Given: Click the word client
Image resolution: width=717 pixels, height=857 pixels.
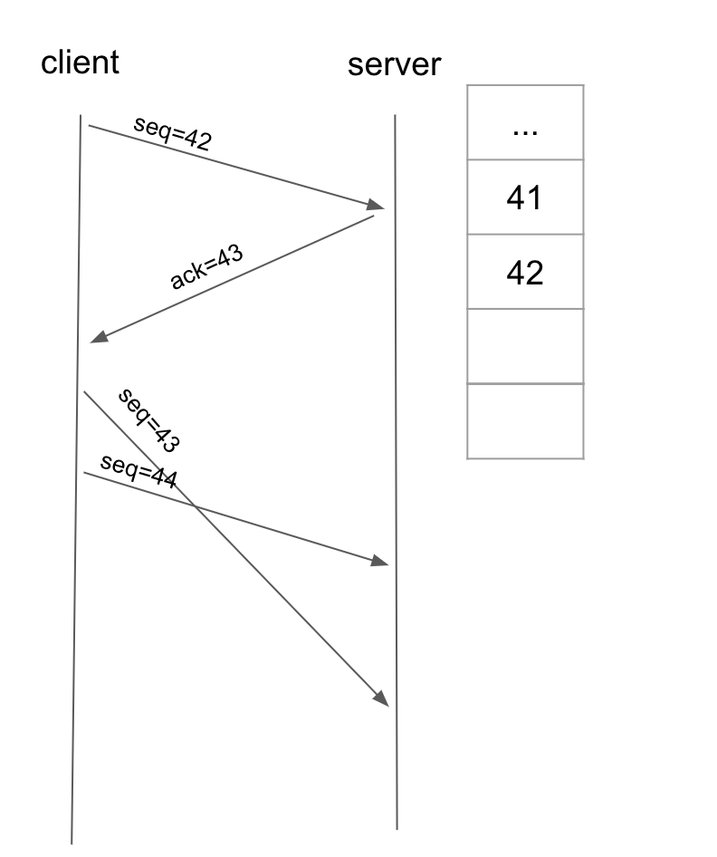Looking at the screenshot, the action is pos(80,62).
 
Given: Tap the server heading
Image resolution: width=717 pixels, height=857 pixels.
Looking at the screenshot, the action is pos(394,65).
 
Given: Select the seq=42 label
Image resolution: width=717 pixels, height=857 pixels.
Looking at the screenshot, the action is pos(172,133).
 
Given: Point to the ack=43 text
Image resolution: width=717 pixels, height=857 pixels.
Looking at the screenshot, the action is pos(206,266).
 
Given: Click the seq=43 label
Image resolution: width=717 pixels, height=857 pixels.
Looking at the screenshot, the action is pos(148,419).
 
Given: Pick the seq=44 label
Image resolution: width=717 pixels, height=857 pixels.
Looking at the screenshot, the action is pos(139,471).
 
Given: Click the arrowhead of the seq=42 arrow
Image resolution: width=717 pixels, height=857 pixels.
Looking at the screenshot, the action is pos(377,206).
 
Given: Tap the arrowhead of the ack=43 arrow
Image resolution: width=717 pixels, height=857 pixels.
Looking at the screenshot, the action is pos(99,337).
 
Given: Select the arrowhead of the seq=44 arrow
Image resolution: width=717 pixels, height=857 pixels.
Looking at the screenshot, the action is pos(380,561).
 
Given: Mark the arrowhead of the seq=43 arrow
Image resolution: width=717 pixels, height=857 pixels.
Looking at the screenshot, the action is pos(382,698).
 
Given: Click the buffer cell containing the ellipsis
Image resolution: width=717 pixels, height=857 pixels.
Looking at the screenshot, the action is pos(525,122).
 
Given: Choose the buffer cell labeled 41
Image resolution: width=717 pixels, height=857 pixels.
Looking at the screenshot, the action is pos(525,197).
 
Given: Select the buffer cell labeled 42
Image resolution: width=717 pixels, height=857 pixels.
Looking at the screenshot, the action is pos(525,272).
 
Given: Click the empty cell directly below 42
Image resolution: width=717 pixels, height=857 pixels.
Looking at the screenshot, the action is pos(525,347).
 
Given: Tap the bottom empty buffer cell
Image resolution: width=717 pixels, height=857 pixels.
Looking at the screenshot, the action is pos(525,421).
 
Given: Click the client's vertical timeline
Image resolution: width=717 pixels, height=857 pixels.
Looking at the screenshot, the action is pos(76,479).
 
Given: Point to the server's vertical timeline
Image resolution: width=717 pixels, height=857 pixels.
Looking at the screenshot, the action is pos(396,472).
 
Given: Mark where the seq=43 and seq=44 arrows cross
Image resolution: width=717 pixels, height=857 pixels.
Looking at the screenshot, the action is pos(195,506).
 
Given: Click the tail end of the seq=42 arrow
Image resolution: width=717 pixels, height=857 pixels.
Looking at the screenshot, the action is pos(89,126).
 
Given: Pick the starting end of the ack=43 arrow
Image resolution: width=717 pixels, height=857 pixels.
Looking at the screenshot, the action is pos(374,216).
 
